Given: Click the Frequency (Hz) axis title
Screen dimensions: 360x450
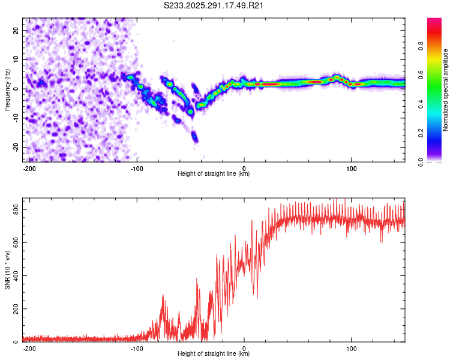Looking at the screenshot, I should click(x=7, y=90).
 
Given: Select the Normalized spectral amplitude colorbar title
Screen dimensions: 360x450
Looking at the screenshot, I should click(x=445, y=90).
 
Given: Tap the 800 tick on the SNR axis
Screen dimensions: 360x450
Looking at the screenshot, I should click(x=14, y=209).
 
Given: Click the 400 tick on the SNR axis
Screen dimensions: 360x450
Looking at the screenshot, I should click(x=14, y=276).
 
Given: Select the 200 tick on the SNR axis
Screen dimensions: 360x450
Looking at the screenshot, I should click(x=14, y=309).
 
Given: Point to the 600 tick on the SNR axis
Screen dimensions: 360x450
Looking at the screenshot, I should click(x=14, y=242).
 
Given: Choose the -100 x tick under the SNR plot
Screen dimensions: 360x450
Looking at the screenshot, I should click(x=137, y=348).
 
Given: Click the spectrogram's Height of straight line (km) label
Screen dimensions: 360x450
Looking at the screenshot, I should click(x=214, y=173).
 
